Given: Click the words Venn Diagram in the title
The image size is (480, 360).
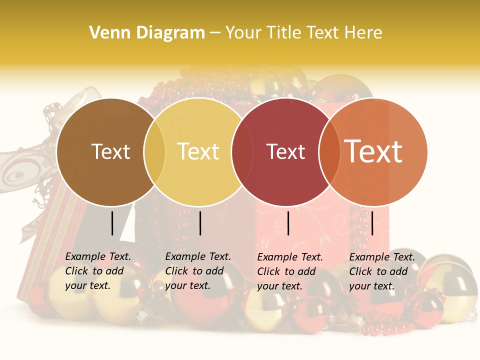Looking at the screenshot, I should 147,33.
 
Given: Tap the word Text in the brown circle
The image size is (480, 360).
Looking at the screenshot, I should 110,151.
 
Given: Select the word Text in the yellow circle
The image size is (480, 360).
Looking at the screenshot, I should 198,151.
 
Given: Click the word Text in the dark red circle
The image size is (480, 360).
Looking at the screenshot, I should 285,151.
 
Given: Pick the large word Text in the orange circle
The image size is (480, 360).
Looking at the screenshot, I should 373,151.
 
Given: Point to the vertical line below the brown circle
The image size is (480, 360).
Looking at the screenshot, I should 112,223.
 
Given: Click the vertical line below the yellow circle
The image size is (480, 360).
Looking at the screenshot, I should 200,223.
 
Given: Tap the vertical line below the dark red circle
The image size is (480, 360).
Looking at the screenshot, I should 288,223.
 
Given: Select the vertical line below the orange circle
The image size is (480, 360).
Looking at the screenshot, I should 372,223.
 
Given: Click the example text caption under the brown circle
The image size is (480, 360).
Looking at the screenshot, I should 98,271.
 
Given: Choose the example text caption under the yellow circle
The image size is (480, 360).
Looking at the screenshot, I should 198,271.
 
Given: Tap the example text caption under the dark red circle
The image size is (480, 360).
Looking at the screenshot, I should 290,271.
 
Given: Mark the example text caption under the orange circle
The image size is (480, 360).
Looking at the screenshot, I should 382,271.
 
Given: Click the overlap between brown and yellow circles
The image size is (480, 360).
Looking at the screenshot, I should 154,152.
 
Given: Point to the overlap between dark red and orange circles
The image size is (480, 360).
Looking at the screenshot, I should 329,152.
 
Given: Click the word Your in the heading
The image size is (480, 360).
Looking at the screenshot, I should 246,33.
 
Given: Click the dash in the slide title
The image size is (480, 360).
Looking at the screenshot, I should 215,33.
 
